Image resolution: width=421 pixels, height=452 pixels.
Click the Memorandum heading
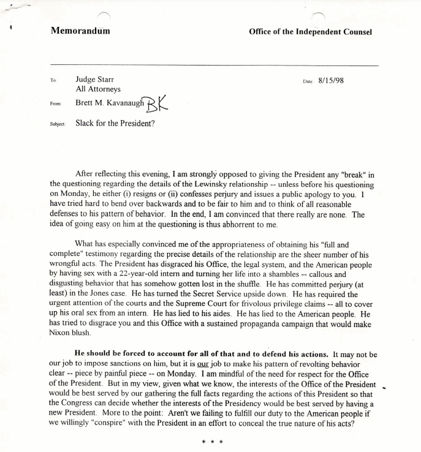point(80,31)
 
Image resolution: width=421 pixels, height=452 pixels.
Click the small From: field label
point(56,105)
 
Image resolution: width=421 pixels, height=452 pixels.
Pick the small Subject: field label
point(58,124)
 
